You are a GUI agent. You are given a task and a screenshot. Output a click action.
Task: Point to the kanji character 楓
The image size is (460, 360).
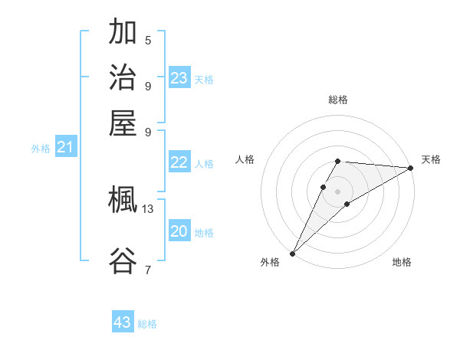(123, 201)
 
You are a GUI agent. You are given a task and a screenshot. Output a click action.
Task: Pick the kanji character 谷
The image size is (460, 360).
(123, 261)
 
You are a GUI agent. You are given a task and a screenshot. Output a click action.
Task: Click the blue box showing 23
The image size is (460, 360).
(179, 77)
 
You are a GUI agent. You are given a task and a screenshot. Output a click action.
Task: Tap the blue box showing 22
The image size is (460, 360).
(179, 162)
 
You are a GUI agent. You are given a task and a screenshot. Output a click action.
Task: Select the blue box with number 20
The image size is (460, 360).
(179, 231)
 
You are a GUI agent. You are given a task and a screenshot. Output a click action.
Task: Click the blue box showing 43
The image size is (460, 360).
(123, 322)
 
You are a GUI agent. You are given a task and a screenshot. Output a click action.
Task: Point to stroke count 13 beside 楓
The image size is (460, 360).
(148, 208)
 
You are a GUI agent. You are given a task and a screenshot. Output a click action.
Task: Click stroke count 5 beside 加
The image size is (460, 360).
(148, 41)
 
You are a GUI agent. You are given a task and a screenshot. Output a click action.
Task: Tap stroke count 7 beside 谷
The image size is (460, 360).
(148, 270)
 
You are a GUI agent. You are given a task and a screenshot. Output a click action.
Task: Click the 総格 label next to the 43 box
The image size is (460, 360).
(147, 324)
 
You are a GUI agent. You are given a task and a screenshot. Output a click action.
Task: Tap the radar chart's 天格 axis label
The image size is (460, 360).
(431, 159)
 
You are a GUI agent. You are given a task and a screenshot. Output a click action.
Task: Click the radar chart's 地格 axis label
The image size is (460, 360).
(402, 262)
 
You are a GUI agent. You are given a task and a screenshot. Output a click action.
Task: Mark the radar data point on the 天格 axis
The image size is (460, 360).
(411, 168)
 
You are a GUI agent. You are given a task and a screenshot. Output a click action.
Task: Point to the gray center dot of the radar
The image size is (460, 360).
(337, 191)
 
